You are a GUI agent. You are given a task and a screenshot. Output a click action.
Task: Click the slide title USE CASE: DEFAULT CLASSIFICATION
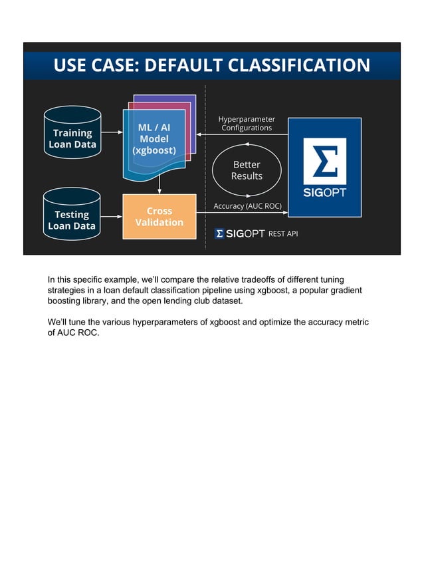[211, 65]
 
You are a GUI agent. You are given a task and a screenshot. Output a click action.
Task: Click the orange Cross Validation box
[159, 216]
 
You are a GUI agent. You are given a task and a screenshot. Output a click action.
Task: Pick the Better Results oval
[246, 170]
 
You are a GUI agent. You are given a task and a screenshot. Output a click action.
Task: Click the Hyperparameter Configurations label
[246, 123]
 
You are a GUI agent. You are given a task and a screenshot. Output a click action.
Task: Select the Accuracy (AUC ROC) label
[247, 206]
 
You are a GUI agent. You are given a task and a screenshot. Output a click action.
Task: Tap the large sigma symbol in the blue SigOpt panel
[324, 160]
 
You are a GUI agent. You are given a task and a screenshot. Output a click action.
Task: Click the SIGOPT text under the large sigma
[324, 193]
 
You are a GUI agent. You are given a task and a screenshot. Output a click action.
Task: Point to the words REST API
[282, 233]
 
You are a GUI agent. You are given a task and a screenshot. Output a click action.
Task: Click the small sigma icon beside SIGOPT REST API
[219, 233]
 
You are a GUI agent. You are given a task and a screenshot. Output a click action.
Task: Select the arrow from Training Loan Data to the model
[112, 132]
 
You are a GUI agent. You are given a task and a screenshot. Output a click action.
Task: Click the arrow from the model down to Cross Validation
[159, 186]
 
